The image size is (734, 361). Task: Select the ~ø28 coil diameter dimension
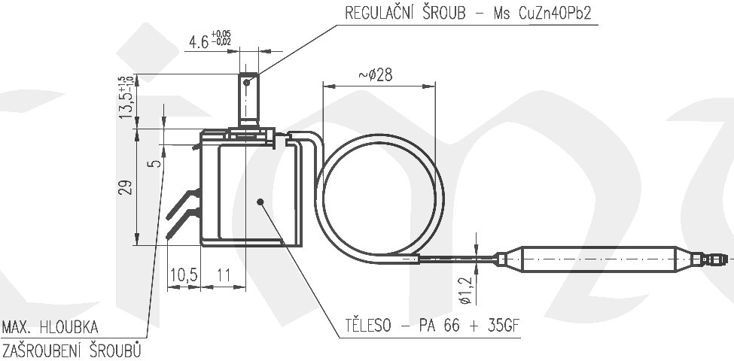(375, 74)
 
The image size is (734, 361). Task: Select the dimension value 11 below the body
(223, 275)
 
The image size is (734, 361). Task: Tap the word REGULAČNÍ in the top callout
(381, 14)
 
